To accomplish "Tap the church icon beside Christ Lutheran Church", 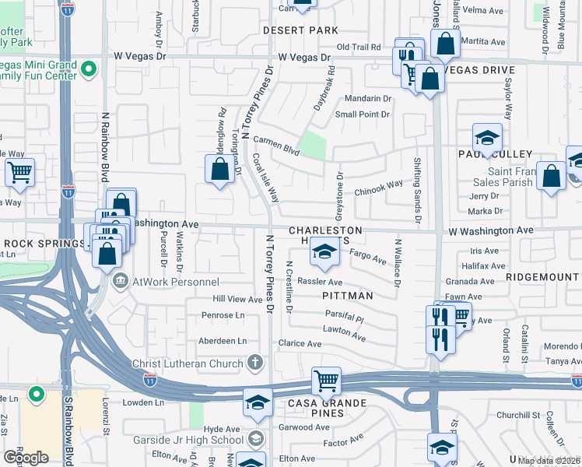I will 254,363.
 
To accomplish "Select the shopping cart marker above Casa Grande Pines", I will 326,381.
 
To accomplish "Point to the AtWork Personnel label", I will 162,280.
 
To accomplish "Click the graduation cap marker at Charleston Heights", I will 324,250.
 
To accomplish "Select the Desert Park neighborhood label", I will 300,30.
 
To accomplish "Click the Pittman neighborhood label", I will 347,296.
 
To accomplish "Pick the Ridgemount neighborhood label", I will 542,276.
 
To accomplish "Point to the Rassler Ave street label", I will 319,282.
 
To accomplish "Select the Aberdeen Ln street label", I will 223,341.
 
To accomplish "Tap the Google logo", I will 26,457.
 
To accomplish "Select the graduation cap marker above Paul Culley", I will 487,138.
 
